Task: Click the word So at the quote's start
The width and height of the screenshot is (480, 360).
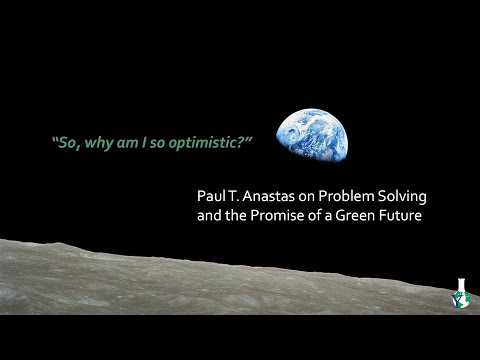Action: click(x=64, y=143)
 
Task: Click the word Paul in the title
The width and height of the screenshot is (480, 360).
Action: click(x=211, y=195)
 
